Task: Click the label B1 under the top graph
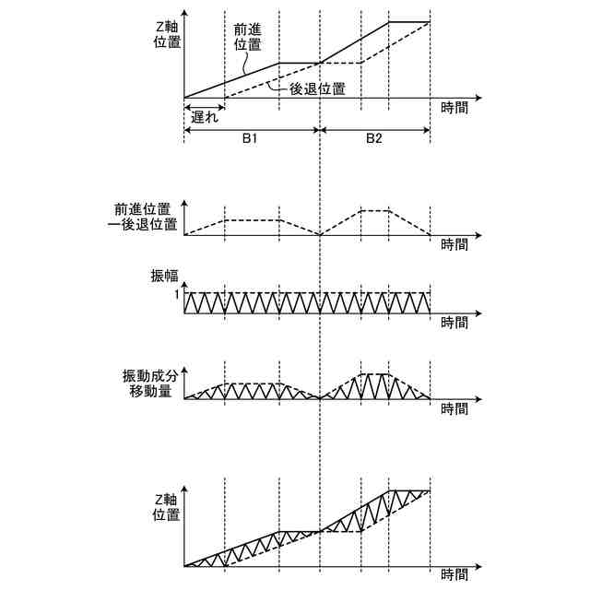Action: click(250, 139)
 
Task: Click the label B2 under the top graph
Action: click(373, 139)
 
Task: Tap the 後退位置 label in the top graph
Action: click(319, 89)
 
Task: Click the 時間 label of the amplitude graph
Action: click(454, 324)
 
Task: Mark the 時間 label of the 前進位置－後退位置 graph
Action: click(454, 244)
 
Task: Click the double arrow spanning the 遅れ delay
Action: click(204, 103)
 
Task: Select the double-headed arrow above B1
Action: click(252, 130)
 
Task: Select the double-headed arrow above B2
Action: click(374, 130)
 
